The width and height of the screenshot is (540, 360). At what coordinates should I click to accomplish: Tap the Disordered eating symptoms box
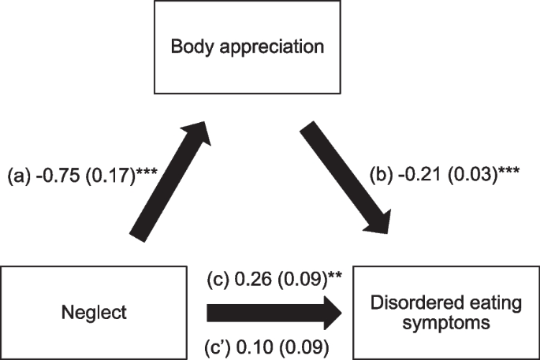tap(446, 313)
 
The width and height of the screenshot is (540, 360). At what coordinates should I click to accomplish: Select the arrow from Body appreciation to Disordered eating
tap(348, 178)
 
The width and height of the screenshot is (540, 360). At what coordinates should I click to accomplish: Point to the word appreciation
tap(285, 46)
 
